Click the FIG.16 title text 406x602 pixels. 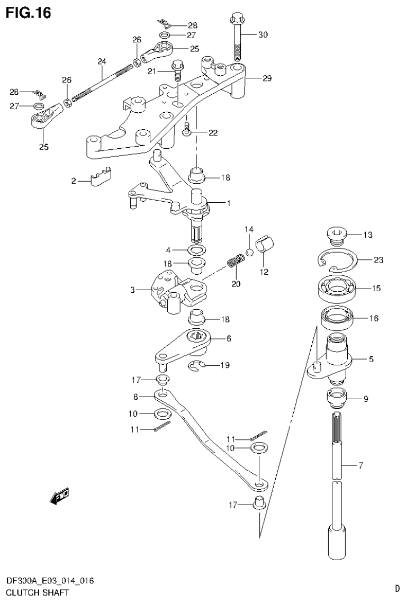(29, 12)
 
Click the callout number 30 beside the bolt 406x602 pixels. (263, 35)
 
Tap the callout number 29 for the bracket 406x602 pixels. (267, 78)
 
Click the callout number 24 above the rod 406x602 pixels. (102, 61)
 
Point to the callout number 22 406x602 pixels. (213, 133)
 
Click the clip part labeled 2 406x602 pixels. (101, 177)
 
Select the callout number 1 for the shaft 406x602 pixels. (229, 203)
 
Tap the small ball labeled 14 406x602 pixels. (249, 252)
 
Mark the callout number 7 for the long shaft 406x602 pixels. (361, 466)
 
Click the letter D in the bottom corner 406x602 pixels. (396, 588)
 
